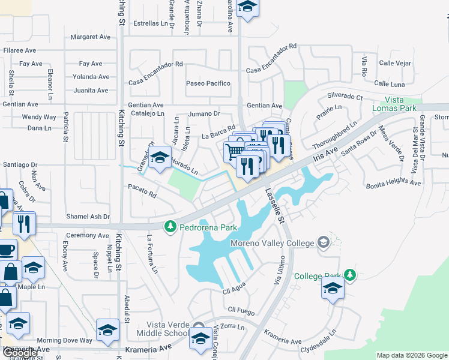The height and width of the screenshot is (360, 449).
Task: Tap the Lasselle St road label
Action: click(274, 206)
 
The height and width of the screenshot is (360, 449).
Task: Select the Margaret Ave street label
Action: click(91, 37)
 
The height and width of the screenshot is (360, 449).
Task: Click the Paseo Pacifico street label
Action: click(208, 83)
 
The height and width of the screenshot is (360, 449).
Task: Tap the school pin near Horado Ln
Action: click(160, 158)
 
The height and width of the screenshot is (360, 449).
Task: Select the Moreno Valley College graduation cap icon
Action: click(324, 242)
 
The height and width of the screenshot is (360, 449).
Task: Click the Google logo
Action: click(19, 353)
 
